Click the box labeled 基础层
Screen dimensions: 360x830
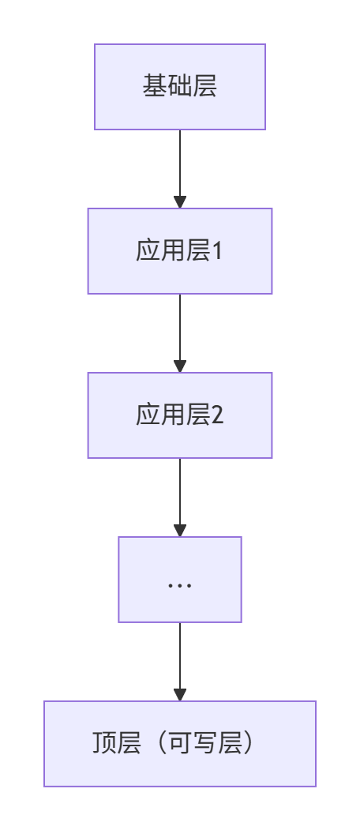coord(180,87)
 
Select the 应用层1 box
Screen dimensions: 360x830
coord(180,251)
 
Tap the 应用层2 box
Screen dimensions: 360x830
coord(180,415)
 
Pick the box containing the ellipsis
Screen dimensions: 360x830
coord(180,579)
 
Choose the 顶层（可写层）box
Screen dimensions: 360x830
coord(180,744)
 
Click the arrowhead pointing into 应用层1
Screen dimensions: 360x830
coord(180,201)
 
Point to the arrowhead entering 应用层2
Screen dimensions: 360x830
coord(180,366)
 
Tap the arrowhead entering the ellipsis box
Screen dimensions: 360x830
coord(180,530)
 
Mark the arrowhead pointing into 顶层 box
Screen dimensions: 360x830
coord(180,694)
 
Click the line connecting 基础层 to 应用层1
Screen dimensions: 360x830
coord(180,163)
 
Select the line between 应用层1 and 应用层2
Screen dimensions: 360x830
coord(180,327)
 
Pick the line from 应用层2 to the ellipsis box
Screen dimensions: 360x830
coord(180,491)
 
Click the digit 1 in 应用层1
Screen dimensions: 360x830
coord(217,251)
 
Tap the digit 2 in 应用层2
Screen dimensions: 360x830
coord(218,415)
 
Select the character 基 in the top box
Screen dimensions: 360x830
coord(155,86)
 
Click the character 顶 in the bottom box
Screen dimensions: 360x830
coord(104,743)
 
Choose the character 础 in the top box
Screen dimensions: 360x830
coord(179,86)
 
